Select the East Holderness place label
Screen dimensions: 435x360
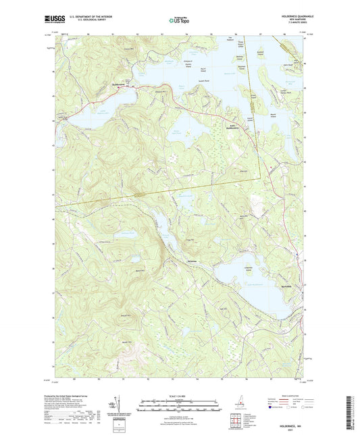(x=234, y=125)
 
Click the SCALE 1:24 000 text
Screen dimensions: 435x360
(x=178, y=394)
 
